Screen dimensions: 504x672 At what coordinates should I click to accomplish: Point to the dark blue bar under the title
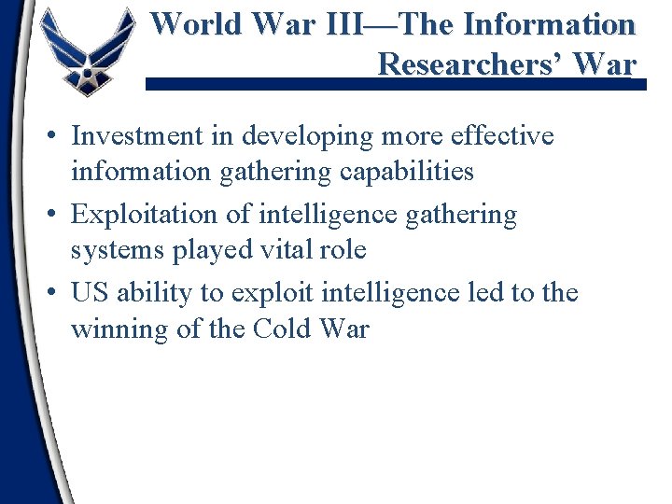click(x=392, y=84)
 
